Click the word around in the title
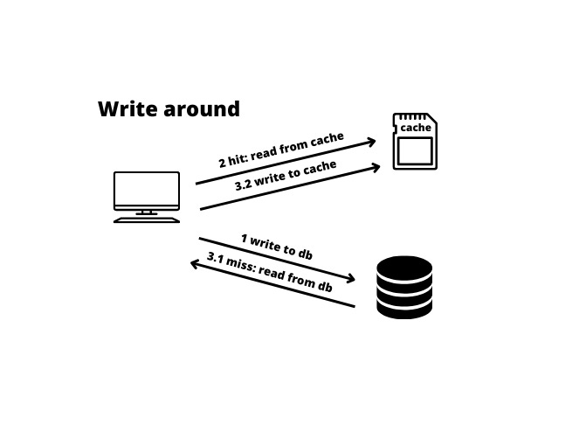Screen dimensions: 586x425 coord(203,109)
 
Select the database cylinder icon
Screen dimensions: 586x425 coord(404,287)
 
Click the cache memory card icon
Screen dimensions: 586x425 coord(415,142)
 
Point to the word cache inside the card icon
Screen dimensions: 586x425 coord(416,128)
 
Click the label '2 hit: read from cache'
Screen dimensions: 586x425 coord(281,150)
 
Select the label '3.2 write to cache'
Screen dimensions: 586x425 coord(286,176)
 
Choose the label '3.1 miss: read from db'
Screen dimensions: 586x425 coord(270,272)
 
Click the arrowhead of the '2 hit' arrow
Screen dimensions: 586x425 coord(372,141)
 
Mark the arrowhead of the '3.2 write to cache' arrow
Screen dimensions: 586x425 coord(377,165)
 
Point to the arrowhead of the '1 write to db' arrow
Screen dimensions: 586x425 coord(351,280)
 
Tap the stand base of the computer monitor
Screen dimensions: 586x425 coord(147,219)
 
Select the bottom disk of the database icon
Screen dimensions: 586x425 coord(404,308)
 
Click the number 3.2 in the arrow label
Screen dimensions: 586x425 coord(244,185)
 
